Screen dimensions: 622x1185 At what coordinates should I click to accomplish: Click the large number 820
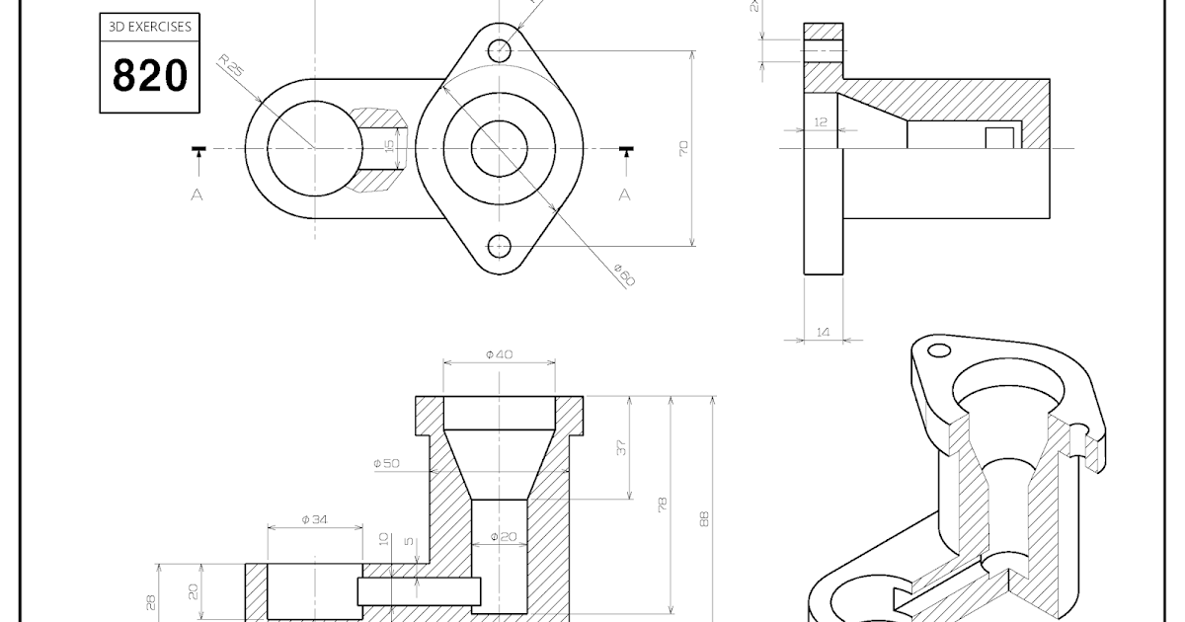coord(150,75)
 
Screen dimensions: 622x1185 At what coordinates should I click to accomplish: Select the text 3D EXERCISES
coord(150,28)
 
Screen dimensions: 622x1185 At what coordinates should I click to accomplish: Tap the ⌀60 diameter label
coord(624,274)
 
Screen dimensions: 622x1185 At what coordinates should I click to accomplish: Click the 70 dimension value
coord(683,149)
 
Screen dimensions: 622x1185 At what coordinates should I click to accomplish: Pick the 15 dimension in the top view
coord(389,144)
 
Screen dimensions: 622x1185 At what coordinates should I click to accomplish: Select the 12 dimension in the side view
coord(821,121)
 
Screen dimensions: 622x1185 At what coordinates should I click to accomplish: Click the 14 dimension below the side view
coord(823,333)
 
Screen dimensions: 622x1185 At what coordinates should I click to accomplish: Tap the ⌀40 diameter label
coord(499,354)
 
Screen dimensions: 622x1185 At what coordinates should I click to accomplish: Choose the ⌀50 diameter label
coord(386,463)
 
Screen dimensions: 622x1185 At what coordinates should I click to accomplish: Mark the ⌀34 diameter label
coord(314,518)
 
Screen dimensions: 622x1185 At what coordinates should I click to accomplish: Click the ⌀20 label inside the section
coord(504,537)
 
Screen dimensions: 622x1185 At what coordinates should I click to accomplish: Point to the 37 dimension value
coord(621,447)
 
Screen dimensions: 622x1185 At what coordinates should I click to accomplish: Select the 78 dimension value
coord(663,505)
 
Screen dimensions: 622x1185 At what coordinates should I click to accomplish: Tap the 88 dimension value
coord(705,518)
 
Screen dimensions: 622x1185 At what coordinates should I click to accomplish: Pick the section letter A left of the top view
coord(197,194)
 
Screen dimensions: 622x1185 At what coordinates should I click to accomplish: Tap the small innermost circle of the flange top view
coord(499,148)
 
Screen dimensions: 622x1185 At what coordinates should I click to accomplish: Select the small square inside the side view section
coord(1000,137)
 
